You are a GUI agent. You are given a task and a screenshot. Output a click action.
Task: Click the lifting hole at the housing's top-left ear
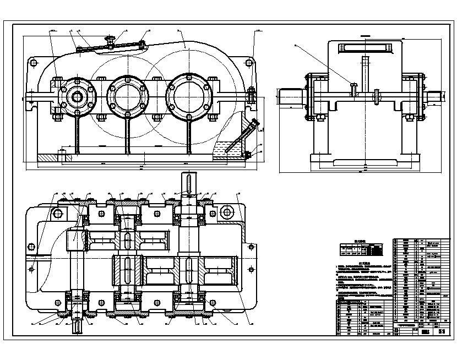[x=33, y=63]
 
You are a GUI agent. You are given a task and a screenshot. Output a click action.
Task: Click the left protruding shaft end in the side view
[x=290, y=96]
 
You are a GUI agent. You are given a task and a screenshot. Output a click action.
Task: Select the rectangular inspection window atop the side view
[x=366, y=47]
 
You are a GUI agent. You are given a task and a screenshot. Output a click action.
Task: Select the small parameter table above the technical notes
[x=361, y=250]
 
